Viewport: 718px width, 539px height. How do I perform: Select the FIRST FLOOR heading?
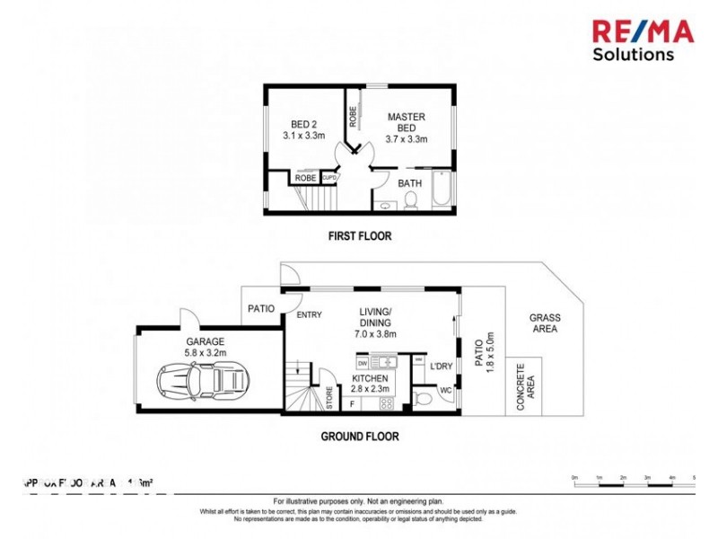coord(358,236)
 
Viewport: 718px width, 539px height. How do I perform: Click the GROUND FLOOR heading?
coord(359,437)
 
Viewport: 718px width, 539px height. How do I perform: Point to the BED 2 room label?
coord(304,130)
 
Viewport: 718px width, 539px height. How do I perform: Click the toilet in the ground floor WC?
coord(423,396)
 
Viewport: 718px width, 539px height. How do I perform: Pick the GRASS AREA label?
coord(544,323)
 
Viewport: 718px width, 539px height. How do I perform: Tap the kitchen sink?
coord(384,362)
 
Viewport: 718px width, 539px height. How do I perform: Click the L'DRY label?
coord(440,367)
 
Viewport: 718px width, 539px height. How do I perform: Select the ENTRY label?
coord(308,314)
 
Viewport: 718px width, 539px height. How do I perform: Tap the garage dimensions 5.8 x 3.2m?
coord(205,353)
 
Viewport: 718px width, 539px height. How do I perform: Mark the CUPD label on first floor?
coord(329,178)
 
